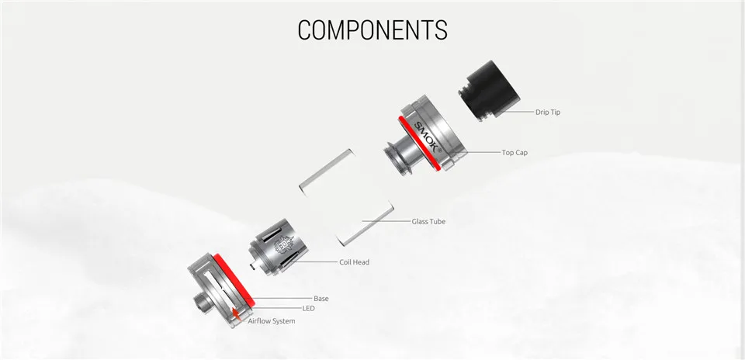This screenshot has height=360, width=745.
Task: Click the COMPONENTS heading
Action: point(372,29)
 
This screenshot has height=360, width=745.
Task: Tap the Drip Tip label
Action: point(547,112)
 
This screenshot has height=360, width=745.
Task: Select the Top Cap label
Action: point(515,153)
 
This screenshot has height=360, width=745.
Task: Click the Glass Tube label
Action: point(428,221)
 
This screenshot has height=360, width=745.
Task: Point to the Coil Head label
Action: point(354,262)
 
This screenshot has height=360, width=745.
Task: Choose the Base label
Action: point(321,298)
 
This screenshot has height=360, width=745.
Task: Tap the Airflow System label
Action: point(271,320)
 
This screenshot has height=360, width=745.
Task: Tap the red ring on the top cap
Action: point(419,144)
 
